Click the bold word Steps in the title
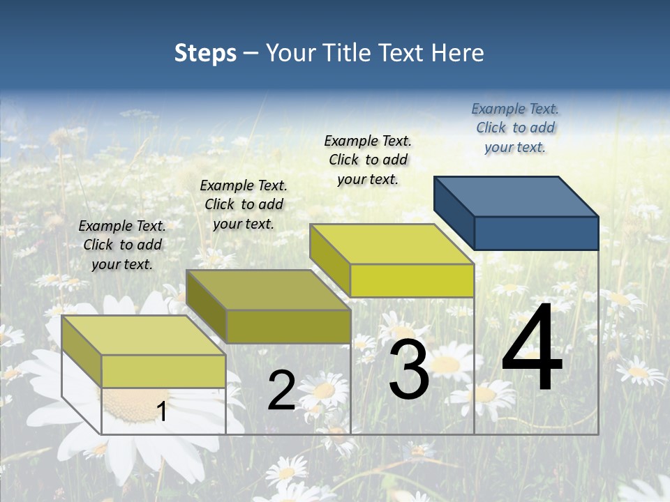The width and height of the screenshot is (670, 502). click(205, 53)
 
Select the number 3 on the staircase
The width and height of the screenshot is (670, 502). click(409, 371)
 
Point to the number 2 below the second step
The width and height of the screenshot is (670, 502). click(281, 391)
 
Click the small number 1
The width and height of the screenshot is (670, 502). click(162, 411)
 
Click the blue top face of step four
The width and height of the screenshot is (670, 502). click(516, 196)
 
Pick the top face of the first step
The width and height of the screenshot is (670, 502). click(144, 335)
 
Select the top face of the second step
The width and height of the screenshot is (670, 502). click(268, 289)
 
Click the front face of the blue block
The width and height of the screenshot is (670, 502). click(536, 233)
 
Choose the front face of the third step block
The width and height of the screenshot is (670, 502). click(412, 280)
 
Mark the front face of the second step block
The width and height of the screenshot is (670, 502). click(288, 326)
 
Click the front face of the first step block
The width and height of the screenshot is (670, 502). click(163, 371)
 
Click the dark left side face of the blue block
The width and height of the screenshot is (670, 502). click(454, 213)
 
